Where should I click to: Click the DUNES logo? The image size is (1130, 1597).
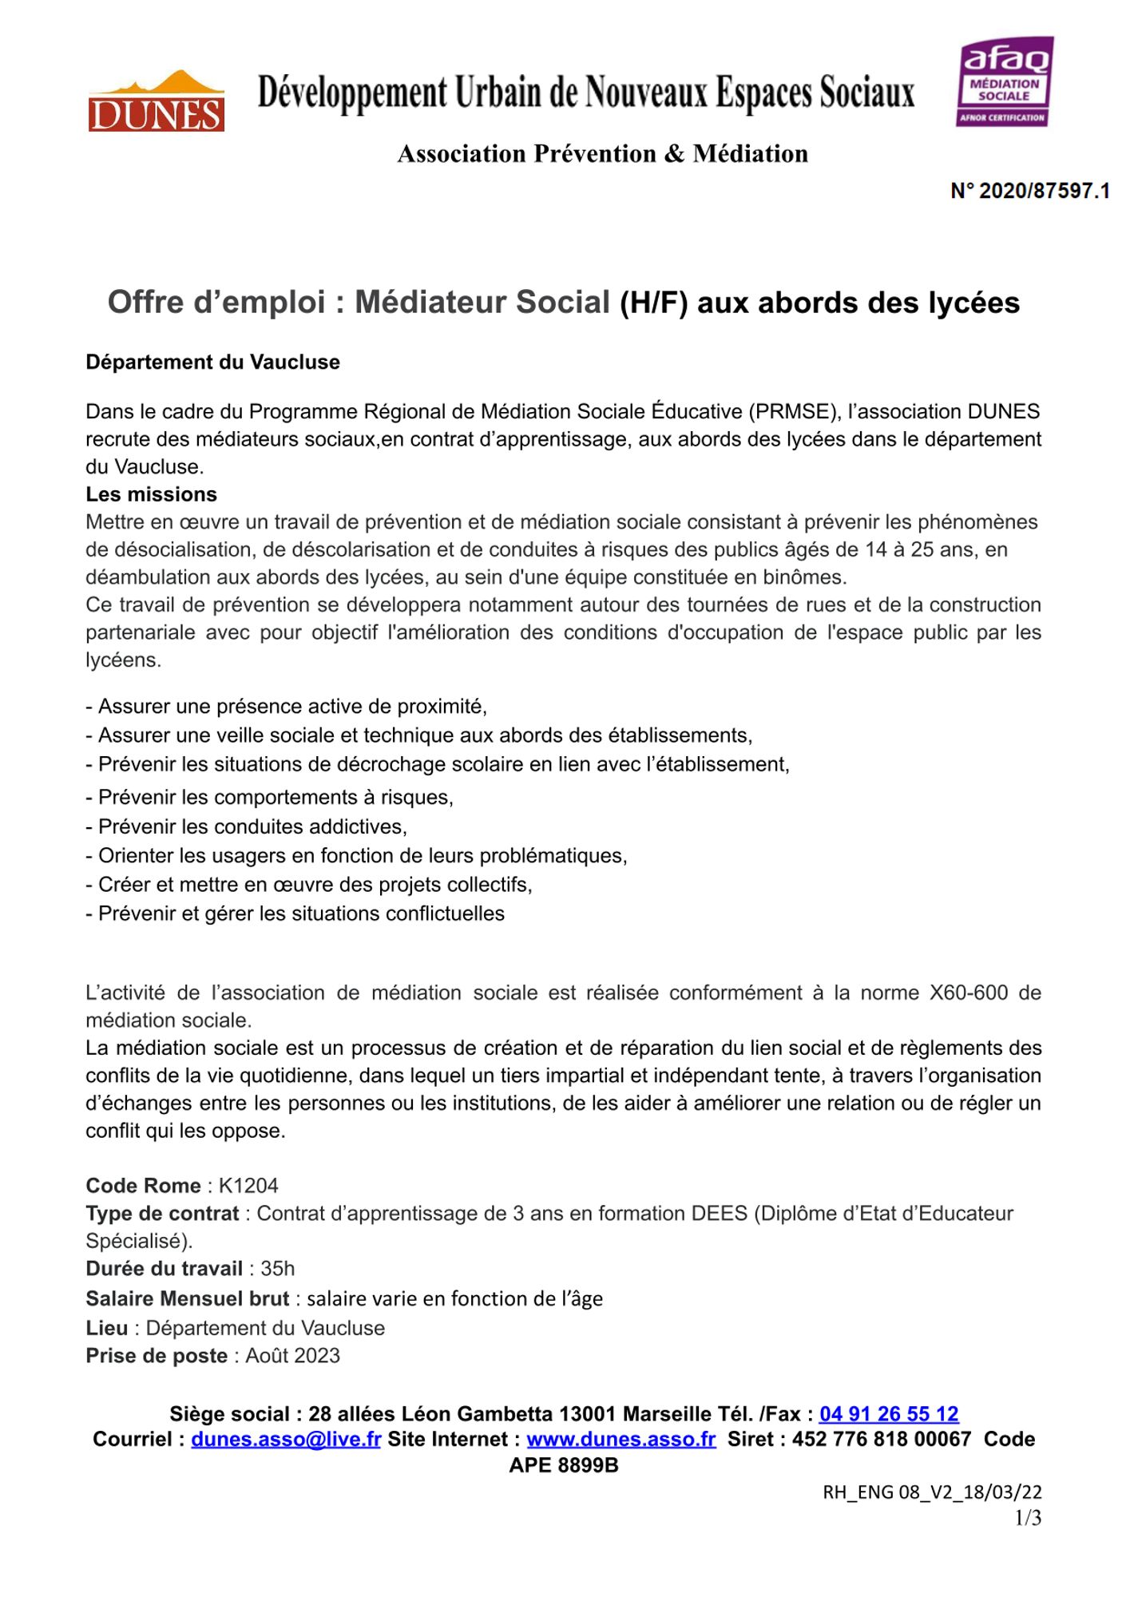coord(157,101)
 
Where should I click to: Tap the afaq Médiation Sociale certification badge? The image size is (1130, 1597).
coord(1004,82)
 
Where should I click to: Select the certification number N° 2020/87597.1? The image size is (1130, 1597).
coord(1029,192)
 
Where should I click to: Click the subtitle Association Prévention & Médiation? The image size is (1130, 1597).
coord(603,154)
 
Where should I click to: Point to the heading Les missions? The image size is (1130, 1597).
coord(152,494)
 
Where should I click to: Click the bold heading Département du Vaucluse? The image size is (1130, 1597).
coord(213,363)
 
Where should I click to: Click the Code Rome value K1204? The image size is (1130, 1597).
coord(248,1186)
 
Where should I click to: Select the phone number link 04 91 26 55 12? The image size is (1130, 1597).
coord(889,1414)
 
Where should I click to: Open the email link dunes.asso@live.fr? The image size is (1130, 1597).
coord(286,1439)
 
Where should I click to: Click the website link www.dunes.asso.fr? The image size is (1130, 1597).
coord(621,1439)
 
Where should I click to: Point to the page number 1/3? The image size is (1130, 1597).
coord(1028,1518)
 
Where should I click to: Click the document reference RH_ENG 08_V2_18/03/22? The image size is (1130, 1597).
coord(932,1492)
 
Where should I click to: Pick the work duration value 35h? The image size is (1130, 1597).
coord(278,1269)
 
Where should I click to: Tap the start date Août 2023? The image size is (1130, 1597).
coord(293,1356)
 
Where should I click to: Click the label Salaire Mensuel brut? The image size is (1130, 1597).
coord(188,1298)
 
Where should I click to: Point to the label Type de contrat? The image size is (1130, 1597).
coord(163,1214)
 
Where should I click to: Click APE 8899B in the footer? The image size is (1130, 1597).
coord(564,1465)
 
